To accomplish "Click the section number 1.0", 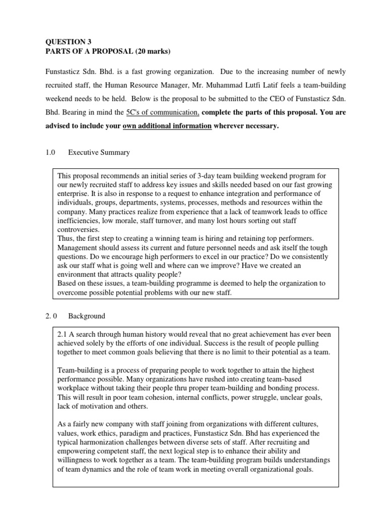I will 50,152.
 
